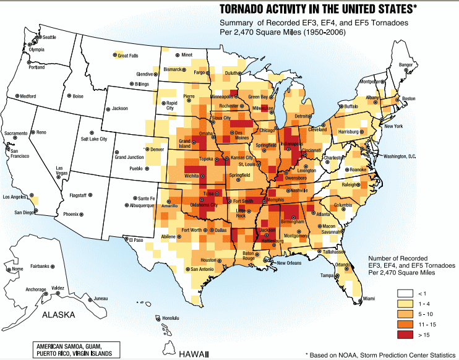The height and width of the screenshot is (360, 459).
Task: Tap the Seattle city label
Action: [x=48, y=38]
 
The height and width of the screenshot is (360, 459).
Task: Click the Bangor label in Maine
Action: [x=405, y=64]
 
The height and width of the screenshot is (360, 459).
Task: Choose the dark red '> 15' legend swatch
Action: [x=405, y=335]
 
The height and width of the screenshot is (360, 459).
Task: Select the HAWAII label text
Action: [x=195, y=354]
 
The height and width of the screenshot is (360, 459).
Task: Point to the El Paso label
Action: [x=135, y=239]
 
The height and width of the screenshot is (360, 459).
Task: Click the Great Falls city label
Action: [x=127, y=56]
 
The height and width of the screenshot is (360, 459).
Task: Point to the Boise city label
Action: [x=77, y=96]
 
